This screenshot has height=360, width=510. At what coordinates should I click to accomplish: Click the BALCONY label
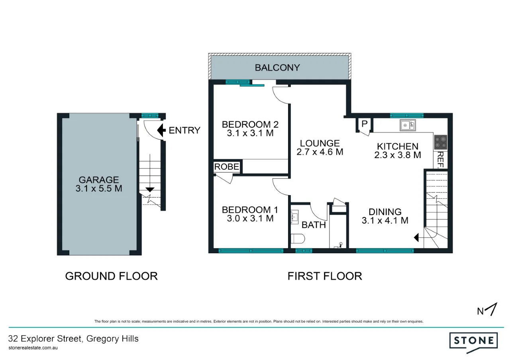(277, 68)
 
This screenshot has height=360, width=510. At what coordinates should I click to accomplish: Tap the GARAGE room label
(98, 180)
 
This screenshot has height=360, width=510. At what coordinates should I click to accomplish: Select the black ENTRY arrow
(162, 130)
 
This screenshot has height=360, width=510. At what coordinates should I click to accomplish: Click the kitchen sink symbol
(408, 125)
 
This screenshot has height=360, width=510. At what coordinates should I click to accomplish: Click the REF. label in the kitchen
(441, 160)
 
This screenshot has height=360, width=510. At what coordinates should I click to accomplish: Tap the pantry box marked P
(364, 124)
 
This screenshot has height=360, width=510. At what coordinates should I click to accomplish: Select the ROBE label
(227, 167)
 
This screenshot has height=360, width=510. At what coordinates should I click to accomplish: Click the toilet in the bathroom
(298, 239)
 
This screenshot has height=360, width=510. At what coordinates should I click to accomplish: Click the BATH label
(314, 225)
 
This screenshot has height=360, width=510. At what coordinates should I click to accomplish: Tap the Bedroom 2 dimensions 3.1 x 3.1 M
(250, 133)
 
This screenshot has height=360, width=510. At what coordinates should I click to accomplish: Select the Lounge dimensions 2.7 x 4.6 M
(320, 152)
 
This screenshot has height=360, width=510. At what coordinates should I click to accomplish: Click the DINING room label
(385, 212)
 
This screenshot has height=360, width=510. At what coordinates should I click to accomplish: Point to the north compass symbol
(488, 310)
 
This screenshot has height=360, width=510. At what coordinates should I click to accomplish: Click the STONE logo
(474, 341)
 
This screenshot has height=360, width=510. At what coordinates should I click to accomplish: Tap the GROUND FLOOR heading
(111, 276)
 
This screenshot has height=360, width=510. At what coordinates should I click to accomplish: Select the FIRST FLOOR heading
(325, 276)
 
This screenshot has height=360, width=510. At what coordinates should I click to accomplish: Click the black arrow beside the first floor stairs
(417, 238)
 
